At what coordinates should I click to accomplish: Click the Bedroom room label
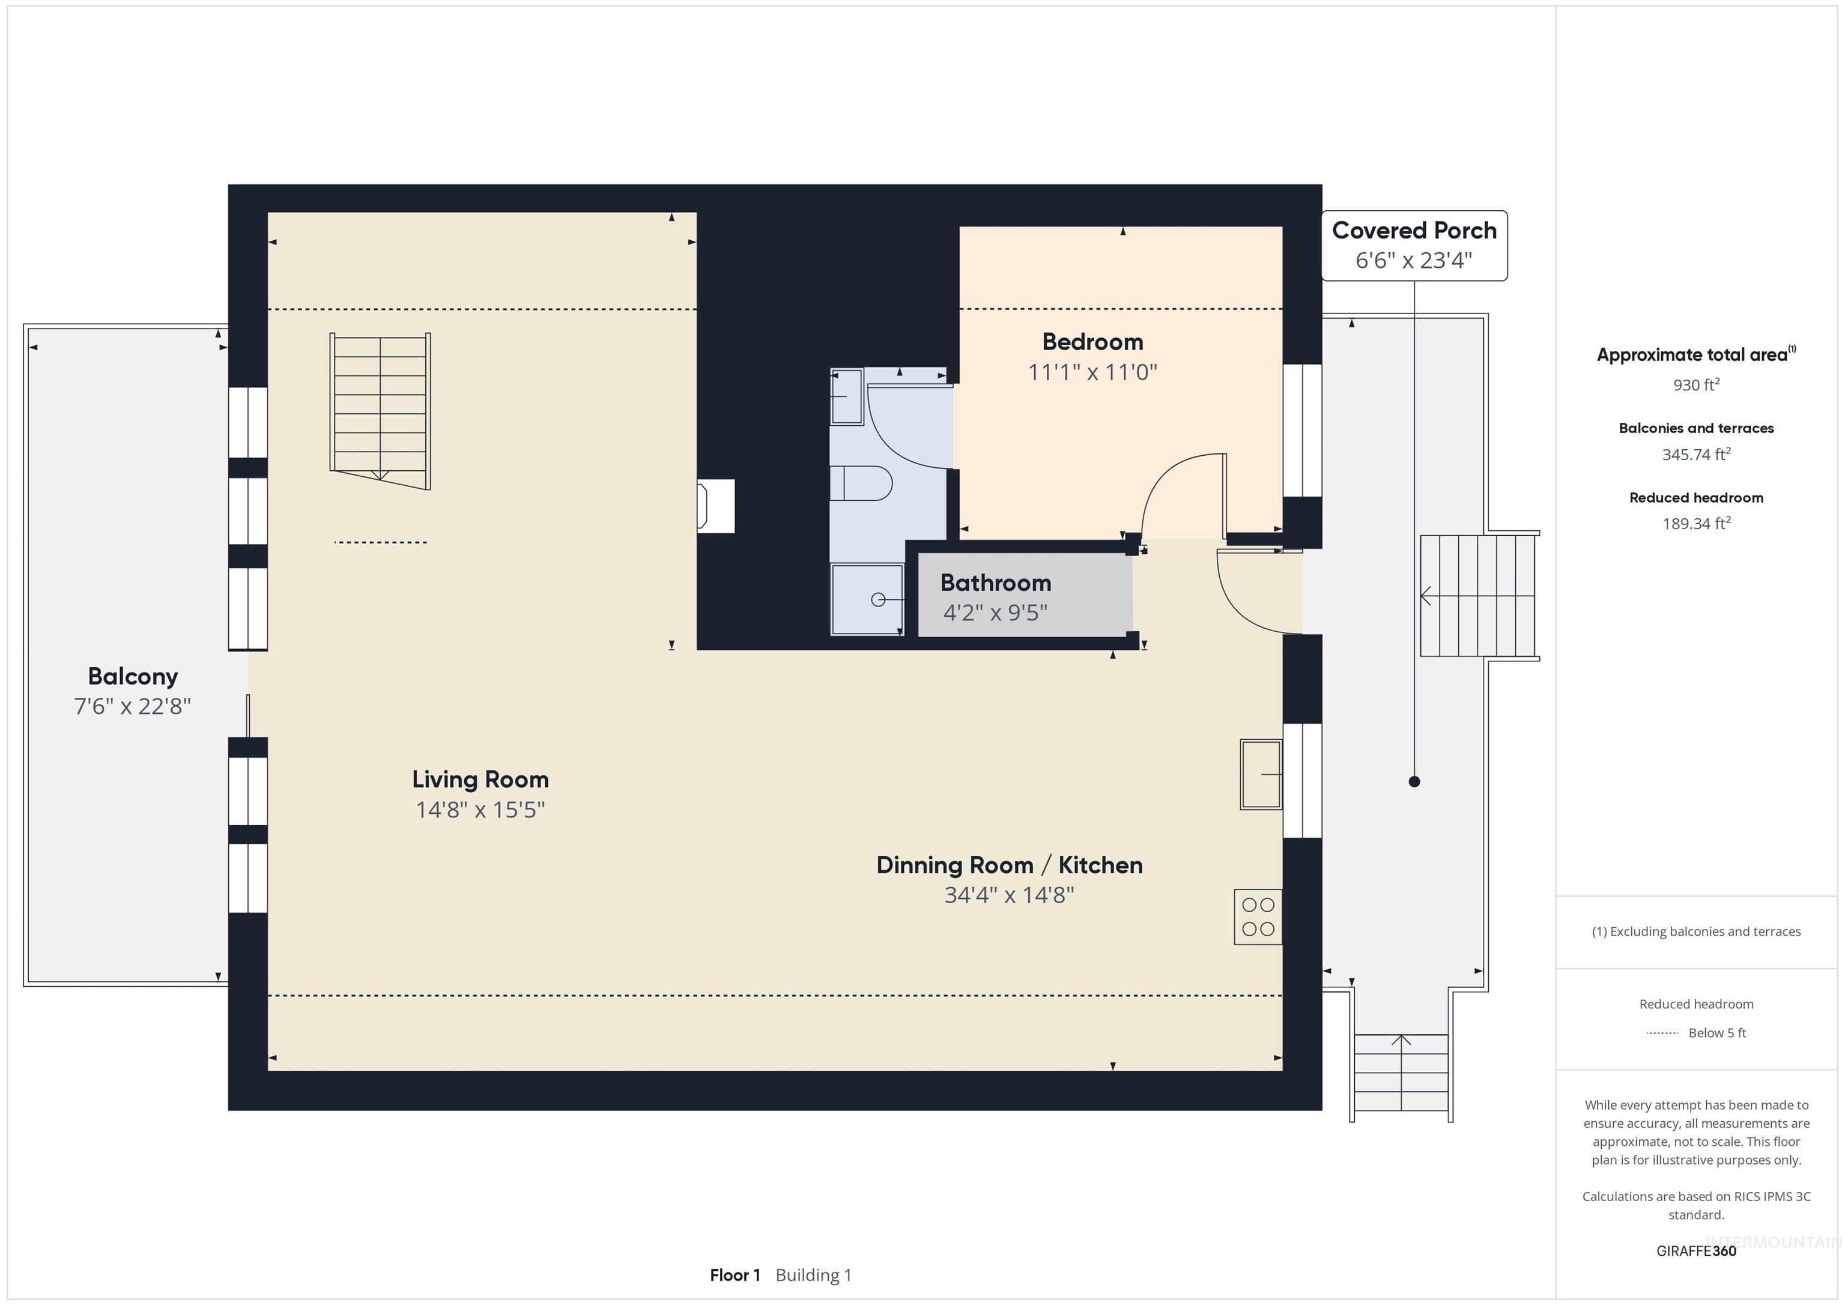(x=1092, y=342)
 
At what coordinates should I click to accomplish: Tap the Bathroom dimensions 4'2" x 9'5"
(x=995, y=613)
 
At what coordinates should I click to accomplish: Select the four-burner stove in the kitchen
(x=1258, y=916)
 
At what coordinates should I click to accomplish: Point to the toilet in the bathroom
(x=861, y=484)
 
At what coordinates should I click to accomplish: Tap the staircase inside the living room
(x=380, y=410)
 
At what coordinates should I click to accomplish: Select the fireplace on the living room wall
(x=716, y=506)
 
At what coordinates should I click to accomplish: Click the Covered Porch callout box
(x=1414, y=245)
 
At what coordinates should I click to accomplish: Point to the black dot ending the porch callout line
(x=1414, y=781)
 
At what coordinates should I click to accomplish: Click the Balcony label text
(x=133, y=677)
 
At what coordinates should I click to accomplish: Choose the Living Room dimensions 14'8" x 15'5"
(x=480, y=809)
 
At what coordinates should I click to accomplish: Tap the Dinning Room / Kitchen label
(x=1010, y=865)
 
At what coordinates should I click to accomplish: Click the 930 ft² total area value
(x=1696, y=385)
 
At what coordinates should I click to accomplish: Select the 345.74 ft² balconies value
(x=1696, y=454)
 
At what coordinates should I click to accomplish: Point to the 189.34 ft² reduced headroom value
(x=1696, y=523)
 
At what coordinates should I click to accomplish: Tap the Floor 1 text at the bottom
(x=735, y=1275)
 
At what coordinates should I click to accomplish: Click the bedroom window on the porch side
(x=1302, y=430)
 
